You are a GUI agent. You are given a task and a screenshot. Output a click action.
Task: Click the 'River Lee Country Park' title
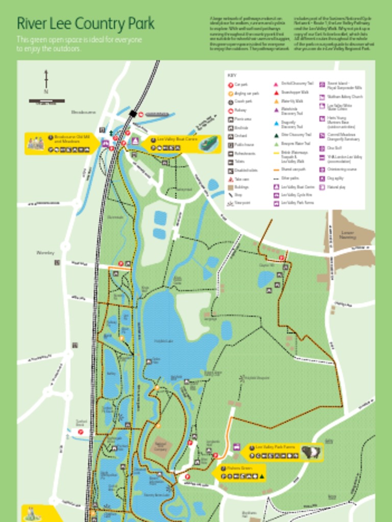pos(85,23)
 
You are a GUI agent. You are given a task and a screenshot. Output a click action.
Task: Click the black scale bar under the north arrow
pos(46,101)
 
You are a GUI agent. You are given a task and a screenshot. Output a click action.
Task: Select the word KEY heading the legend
pos(232,75)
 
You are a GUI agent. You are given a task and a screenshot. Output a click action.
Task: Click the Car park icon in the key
pos(231,85)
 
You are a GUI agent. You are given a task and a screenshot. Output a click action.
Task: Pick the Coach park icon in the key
pos(231,101)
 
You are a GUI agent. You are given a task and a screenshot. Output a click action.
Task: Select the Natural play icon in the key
pos(322,187)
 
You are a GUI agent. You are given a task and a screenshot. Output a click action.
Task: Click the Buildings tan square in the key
pos(231,187)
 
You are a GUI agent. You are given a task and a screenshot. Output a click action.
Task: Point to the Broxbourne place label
pos(83,112)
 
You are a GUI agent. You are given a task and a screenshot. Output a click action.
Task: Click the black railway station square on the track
pos(133,114)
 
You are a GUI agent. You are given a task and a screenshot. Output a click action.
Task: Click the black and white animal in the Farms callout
pos(310,452)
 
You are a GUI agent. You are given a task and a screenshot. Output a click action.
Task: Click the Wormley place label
pos(45,252)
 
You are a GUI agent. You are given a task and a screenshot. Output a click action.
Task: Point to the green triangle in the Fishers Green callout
pos(262,477)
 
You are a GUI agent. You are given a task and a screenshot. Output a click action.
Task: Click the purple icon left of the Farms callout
pos(236,447)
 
